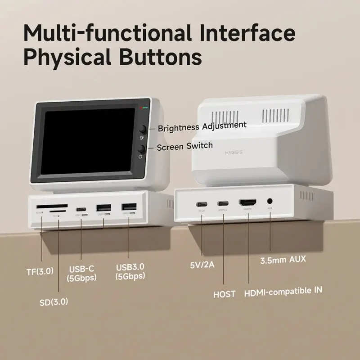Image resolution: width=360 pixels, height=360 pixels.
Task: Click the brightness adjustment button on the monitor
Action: pos(143,129)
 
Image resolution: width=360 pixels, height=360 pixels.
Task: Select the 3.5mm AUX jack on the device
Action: pos(270,202)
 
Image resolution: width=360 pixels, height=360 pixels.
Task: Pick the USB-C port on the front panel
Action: pos(81,209)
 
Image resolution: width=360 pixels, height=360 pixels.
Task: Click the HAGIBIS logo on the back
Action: pos(233,153)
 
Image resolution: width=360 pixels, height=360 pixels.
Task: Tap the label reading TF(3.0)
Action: pos(40,271)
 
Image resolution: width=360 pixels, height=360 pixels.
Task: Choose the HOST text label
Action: pos(224,294)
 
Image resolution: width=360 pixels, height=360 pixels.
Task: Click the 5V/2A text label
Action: pos(202,264)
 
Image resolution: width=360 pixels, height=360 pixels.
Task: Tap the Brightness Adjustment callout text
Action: pos(202,126)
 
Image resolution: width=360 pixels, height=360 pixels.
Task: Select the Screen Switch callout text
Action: pos(184,146)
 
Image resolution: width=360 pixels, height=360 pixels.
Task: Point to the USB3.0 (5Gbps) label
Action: pos(130,271)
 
